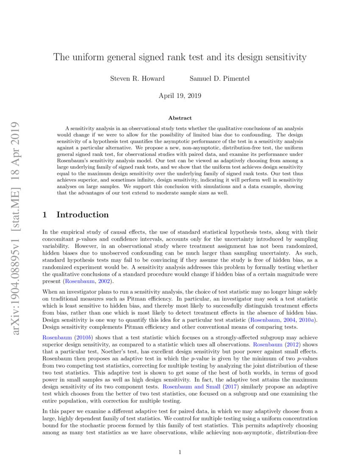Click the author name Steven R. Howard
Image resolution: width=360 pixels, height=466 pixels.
(x=137, y=78)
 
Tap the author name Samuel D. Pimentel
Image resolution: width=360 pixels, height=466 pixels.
(x=219, y=78)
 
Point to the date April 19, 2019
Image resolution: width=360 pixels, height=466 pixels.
(x=180, y=96)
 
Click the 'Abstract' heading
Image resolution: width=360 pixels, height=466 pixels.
(x=180, y=118)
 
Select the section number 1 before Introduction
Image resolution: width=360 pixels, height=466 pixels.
(x=45, y=215)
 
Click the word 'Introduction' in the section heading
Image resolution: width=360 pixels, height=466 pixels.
(x=83, y=215)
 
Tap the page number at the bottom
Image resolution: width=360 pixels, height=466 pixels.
(x=180, y=452)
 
